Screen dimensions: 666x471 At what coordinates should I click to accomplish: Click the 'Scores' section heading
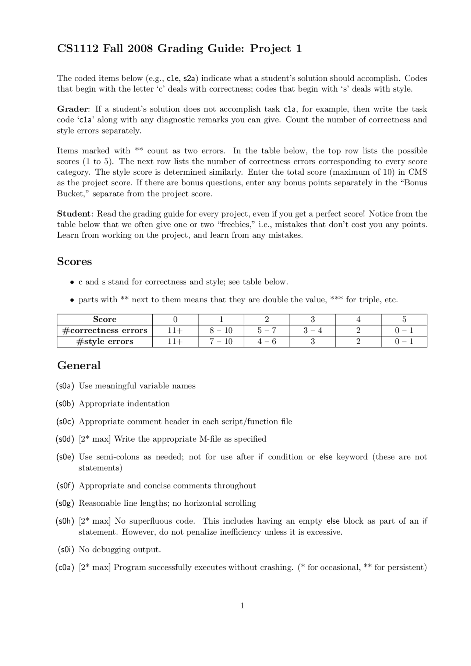74,261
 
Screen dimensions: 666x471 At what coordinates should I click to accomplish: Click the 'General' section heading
79,366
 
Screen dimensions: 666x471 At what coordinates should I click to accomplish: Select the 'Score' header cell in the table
105,320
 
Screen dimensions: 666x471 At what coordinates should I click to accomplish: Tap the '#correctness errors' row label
105,331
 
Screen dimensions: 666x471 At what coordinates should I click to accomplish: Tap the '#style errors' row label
105,342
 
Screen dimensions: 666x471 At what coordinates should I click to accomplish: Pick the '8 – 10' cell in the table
221,331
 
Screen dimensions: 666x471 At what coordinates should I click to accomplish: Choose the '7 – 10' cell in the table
221,342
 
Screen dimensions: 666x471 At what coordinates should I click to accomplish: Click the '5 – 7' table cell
267,331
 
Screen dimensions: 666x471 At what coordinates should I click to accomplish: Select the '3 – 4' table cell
312,331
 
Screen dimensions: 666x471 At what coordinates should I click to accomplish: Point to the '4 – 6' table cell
267,342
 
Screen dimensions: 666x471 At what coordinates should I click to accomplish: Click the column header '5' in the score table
404,320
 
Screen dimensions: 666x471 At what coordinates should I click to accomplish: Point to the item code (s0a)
65,386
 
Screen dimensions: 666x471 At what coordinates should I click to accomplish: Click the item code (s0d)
65,439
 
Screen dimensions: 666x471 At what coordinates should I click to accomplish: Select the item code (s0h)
65,521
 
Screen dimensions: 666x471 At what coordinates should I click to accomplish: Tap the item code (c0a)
65,567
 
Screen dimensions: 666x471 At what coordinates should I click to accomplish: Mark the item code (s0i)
66,550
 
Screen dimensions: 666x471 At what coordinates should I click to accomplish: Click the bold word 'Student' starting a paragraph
74,214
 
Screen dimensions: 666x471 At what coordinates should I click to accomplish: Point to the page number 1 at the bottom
242,606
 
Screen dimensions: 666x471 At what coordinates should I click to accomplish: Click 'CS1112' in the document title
78,49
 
